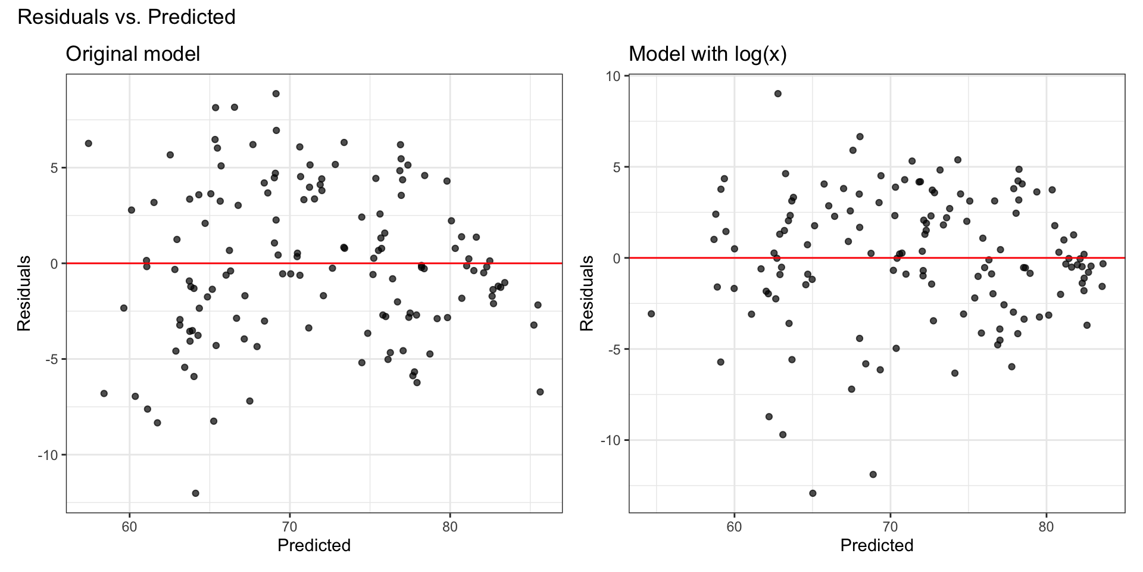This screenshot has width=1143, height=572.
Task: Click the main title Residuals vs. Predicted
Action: tap(126, 17)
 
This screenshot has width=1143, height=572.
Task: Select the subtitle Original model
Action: tap(133, 54)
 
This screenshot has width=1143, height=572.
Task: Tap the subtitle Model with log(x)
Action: tap(708, 54)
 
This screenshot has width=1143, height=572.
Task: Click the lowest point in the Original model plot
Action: tap(195, 493)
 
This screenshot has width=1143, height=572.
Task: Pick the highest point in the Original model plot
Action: tap(276, 94)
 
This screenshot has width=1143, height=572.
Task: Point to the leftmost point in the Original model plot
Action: tap(89, 144)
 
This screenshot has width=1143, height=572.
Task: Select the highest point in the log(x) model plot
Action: tap(777, 94)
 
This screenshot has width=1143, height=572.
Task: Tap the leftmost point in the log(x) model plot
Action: tap(651, 313)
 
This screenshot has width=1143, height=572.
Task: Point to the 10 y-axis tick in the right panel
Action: tap(614, 76)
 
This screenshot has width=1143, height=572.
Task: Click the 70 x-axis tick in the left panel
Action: tap(289, 528)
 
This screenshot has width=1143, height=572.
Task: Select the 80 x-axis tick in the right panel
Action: tap(1046, 528)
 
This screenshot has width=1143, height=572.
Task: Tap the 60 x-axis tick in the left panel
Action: tap(129, 528)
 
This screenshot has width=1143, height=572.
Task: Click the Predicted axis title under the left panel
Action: tap(314, 545)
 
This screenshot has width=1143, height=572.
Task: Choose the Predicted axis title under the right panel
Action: tap(877, 545)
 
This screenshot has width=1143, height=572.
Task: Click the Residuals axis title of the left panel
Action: tap(24, 293)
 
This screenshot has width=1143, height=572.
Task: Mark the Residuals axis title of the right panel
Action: tap(587, 293)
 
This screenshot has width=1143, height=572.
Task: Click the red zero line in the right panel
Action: tap(952, 258)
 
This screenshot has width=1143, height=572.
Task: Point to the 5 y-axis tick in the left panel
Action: tap(54, 168)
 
